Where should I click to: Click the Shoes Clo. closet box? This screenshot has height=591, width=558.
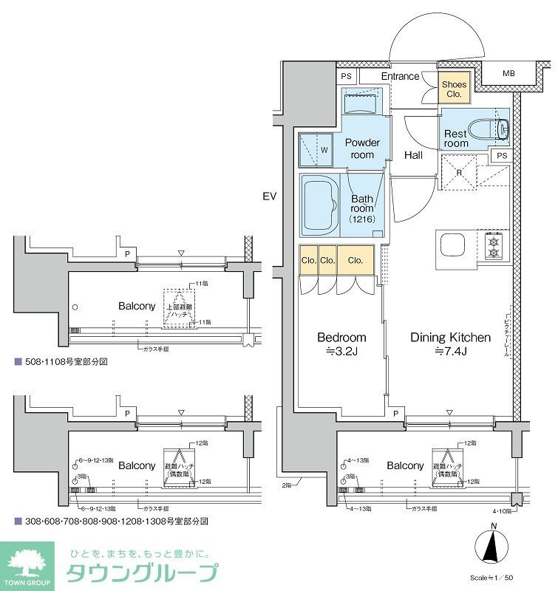[x=453, y=90]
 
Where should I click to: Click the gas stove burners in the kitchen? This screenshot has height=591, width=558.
[x=493, y=246]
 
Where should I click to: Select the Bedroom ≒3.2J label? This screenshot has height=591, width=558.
[x=341, y=344]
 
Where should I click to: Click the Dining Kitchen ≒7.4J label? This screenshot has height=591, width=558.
[x=451, y=344]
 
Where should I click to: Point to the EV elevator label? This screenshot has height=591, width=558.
[x=268, y=197]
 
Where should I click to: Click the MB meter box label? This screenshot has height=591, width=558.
[x=508, y=74]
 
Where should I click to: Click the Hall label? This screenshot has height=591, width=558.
[x=413, y=155]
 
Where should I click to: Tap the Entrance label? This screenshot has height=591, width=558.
[x=400, y=76]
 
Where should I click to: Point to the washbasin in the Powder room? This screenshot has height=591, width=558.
[x=360, y=103]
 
